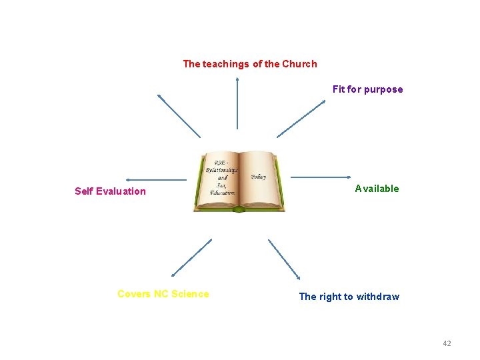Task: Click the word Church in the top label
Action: coord(299,64)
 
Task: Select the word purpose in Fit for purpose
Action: coord(383,89)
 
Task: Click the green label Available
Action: coord(377,189)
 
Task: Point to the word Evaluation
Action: coord(121,191)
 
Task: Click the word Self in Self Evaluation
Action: coord(84,191)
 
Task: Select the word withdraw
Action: coord(378,297)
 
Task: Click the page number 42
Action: coord(447,343)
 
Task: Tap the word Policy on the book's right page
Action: coord(259,177)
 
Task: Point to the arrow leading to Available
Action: coord(321,177)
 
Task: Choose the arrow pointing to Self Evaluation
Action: coord(156,179)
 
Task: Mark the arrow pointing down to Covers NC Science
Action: coord(191,257)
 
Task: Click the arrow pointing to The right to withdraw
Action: coord(284,259)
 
